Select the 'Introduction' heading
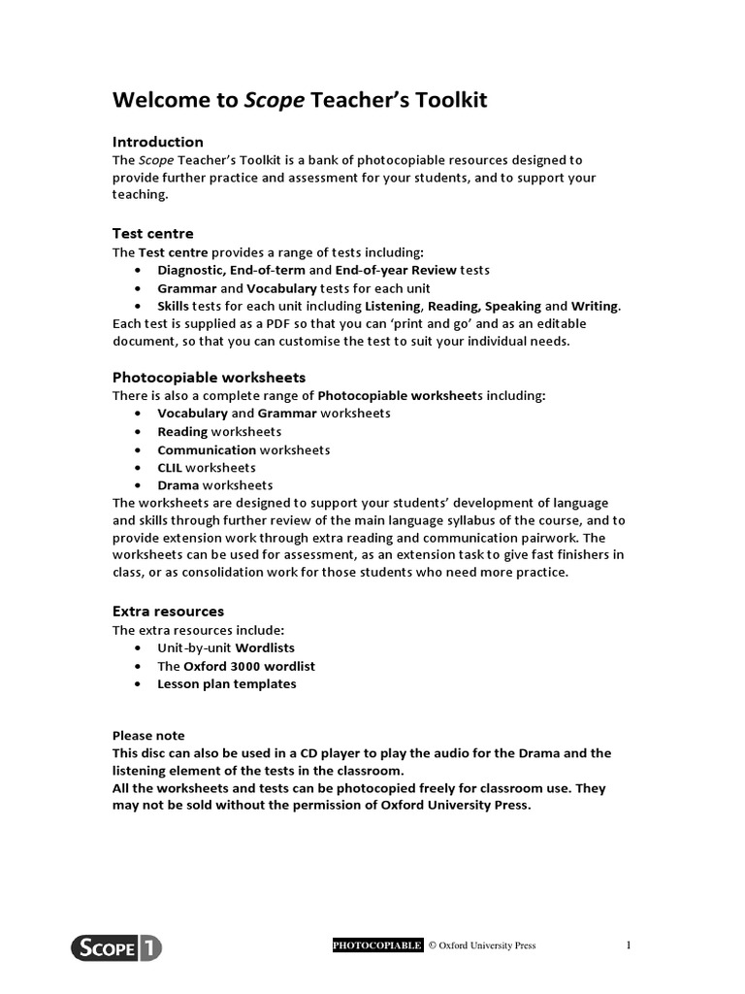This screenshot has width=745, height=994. coord(158,142)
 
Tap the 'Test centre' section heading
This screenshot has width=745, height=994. coord(153,234)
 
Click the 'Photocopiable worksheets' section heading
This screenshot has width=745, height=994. coord(210,377)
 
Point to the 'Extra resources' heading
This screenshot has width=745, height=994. coord(168,612)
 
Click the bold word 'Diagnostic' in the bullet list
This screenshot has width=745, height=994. coord(190,270)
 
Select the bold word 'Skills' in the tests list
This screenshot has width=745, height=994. coord(174,306)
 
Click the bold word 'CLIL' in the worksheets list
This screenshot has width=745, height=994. coord(170,467)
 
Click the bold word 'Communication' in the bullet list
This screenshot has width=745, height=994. coord(207,449)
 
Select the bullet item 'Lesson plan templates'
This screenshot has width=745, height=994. coord(227,683)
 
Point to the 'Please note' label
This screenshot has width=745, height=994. coord(148,736)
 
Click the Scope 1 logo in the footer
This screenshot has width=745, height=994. coord(116,946)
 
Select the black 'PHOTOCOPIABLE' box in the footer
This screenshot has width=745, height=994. coord(377,945)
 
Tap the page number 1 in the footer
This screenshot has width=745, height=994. coord(629,945)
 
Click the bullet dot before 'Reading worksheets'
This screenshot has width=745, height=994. coord(137,432)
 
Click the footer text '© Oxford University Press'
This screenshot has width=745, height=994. coord(481,945)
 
